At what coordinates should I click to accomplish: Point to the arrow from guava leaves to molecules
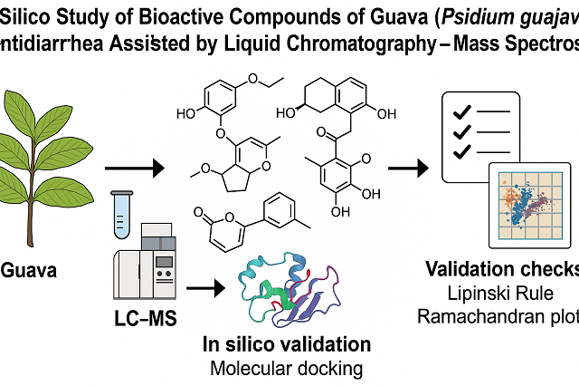point(133,169)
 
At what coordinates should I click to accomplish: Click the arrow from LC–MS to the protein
point(206,288)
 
